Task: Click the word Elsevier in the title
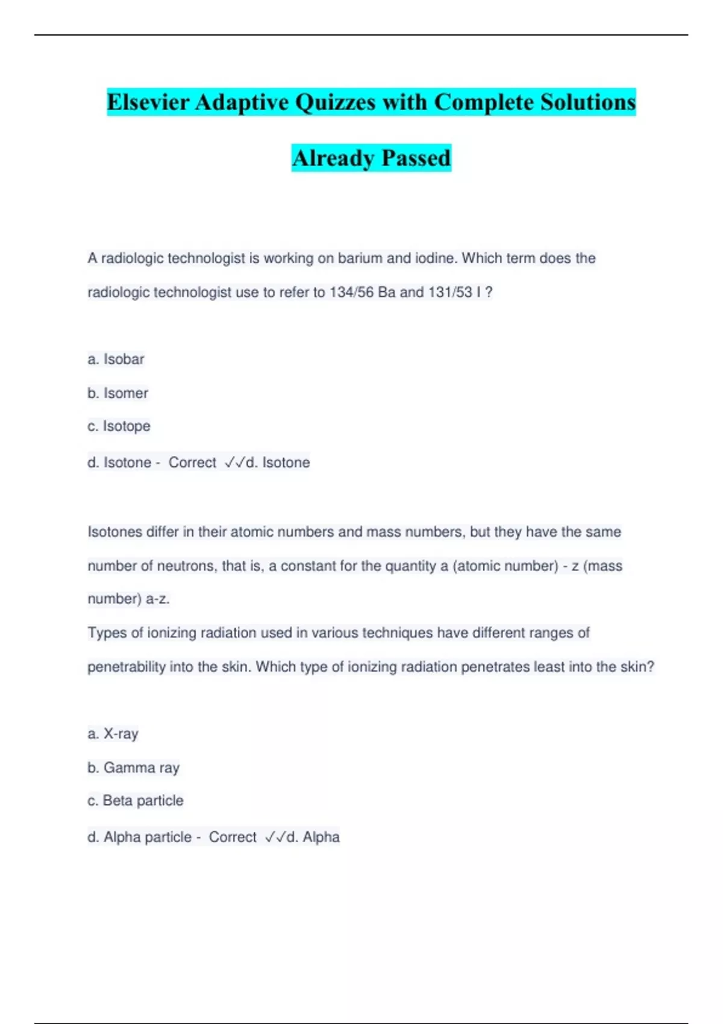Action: pyautogui.click(x=148, y=102)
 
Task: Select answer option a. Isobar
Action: pyautogui.click(x=116, y=359)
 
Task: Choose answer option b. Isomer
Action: pyautogui.click(x=117, y=393)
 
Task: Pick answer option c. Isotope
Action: pyautogui.click(x=119, y=426)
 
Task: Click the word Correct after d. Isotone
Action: pyautogui.click(x=192, y=463)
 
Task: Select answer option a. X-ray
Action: pyautogui.click(x=113, y=734)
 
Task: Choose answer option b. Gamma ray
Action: pyautogui.click(x=133, y=768)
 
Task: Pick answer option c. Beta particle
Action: pyautogui.click(x=135, y=801)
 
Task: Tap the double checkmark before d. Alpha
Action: pyautogui.click(x=275, y=837)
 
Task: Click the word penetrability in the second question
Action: pyautogui.click(x=127, y=667)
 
